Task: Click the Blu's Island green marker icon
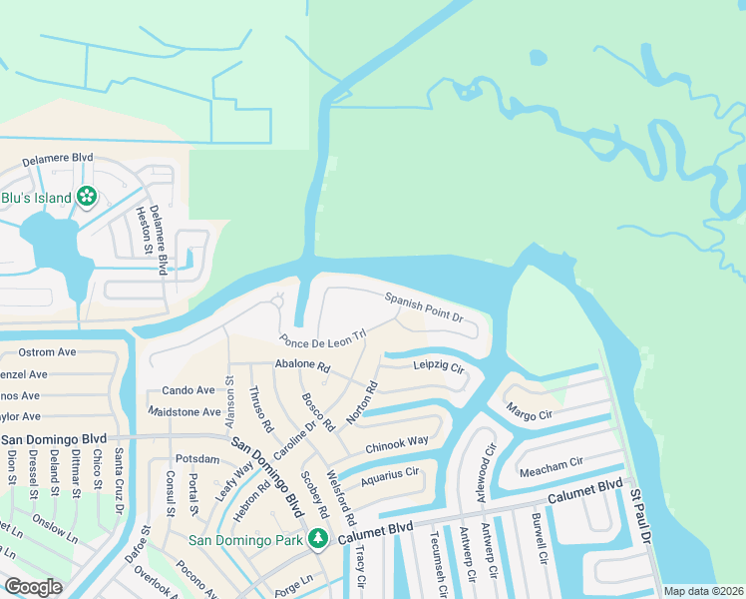point(87,197)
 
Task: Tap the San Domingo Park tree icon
point(318,540)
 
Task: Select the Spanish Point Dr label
point(425,306)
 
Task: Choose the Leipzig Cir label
point(440,367)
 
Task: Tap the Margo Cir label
point(529,411)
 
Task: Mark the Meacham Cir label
point(550,463)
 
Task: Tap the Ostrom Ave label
point(48,352)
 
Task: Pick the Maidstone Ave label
point(184,411)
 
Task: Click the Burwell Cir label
point(539,537)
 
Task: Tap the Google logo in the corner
point(33,587)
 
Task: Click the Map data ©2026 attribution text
point(703,591)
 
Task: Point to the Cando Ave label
point(188,390)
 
